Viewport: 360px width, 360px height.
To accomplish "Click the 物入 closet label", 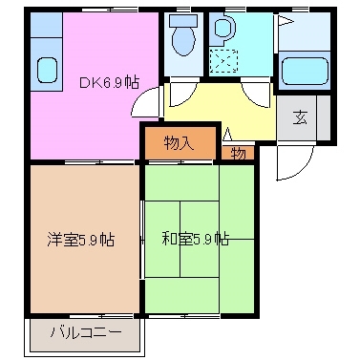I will (x=179, y=143).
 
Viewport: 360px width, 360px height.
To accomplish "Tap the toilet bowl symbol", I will (x=181, y=37).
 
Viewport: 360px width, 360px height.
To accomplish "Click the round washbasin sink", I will (x=222, y=30).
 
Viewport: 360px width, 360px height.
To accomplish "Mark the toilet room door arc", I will (x=180, y=94).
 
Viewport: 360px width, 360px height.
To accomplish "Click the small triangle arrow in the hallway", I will (x=227, y=134).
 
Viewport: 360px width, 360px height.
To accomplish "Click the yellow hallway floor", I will (x=220, y=110).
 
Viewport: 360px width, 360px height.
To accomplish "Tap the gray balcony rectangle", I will (x=84, y=335).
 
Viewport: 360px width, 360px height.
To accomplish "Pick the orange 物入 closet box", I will (x=179, y=144).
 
